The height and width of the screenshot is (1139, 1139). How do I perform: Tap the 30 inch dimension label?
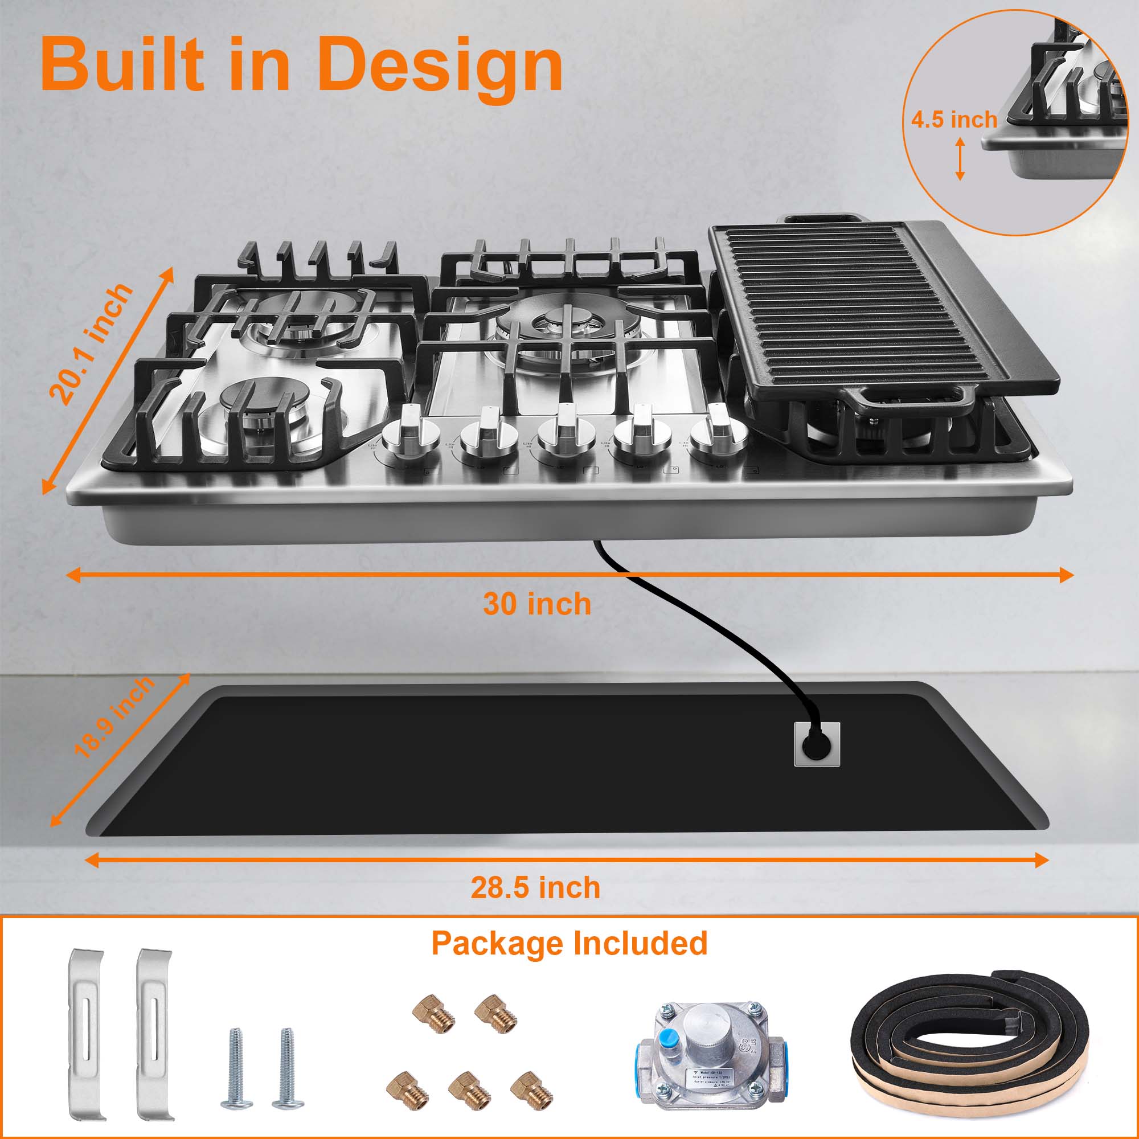(x=536, y=604)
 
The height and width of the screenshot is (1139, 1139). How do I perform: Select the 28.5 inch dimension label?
(x=535, y=887)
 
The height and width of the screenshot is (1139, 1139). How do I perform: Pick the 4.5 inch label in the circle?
(x=953, y=120)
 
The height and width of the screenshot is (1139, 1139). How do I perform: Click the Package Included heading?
(x=569, y=943)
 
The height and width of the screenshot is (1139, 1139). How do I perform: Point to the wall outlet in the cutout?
(x=817, y=744)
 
